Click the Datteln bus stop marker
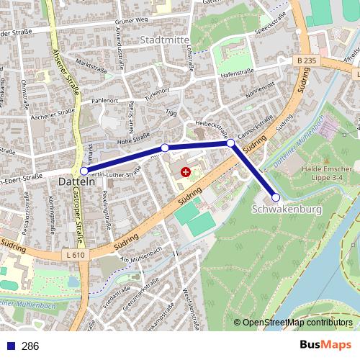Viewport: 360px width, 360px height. [x=84, y=171]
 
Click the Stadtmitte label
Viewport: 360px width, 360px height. [x=165, y=39]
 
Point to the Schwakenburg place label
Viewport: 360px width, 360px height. [x=287, y=210]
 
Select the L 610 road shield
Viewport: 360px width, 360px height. [x=75, y=256]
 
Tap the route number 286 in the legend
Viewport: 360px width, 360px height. [x=30, y=346]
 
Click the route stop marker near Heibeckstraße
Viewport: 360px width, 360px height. [x=230, y=143]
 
